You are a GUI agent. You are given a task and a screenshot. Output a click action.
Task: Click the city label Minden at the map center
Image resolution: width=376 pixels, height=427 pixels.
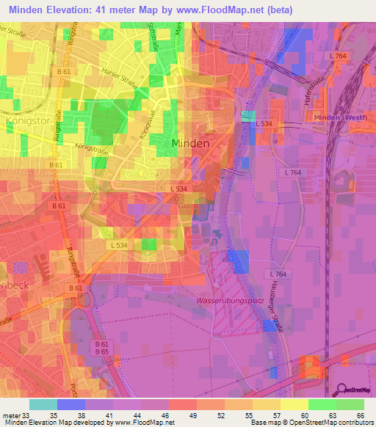pos(190,143)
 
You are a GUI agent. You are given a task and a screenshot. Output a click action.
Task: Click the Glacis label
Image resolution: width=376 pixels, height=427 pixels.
pos(189,206)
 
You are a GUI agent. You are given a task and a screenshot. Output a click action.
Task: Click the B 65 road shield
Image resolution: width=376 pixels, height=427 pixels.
pos(101,352)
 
